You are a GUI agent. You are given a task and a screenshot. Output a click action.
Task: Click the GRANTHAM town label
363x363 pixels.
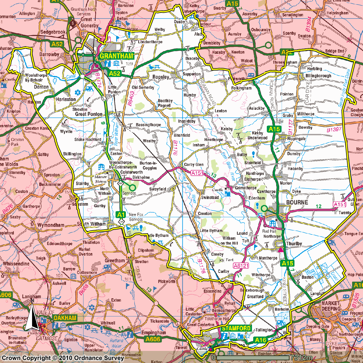tap(116, 56)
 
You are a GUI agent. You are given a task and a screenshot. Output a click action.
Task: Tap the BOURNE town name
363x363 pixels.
tap(297, 202)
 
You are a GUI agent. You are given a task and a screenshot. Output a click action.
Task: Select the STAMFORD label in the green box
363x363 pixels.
tap(236, 328)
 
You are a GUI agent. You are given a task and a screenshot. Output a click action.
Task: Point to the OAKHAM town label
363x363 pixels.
tap(65, 318)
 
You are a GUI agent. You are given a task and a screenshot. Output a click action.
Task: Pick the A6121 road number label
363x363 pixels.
tap(241, 266)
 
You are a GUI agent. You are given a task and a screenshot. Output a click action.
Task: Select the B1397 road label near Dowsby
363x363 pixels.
tap(334, 130)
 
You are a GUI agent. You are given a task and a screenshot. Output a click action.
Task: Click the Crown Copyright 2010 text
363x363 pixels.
tap(63, 358)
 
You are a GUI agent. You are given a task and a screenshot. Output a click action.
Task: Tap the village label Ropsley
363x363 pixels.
tap(161, 77)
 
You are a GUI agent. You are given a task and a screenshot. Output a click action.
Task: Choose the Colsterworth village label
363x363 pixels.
tap(131, 172)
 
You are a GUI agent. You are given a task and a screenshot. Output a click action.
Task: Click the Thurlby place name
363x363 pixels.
tap(294, 244)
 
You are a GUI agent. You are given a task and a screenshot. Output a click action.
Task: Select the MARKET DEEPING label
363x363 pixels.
tap(330, 306)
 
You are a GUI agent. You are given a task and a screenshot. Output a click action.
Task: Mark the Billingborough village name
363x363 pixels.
tap(318, 76)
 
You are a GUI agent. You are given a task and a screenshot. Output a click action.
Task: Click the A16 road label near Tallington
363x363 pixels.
tap(260, 340)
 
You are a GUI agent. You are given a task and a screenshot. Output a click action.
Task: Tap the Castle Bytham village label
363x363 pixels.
tap(157, 235)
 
